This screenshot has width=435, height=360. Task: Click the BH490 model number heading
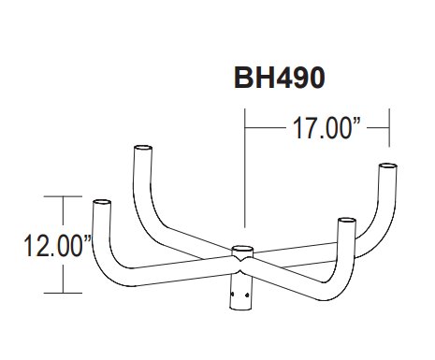click(280, 78)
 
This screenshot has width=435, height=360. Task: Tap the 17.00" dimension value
click(326, 128)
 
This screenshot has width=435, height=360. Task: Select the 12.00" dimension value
click(57, 246)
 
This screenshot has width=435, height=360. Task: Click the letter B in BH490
click(243, 78)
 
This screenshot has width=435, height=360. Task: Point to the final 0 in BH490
click(315, 78)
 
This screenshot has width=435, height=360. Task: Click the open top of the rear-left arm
click(143, 148)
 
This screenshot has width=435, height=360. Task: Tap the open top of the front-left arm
click(102, 202)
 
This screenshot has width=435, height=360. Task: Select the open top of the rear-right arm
click(387, 166)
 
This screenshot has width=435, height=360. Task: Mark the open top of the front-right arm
click(347, 221)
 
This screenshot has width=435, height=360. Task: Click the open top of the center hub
click(242, 249)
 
